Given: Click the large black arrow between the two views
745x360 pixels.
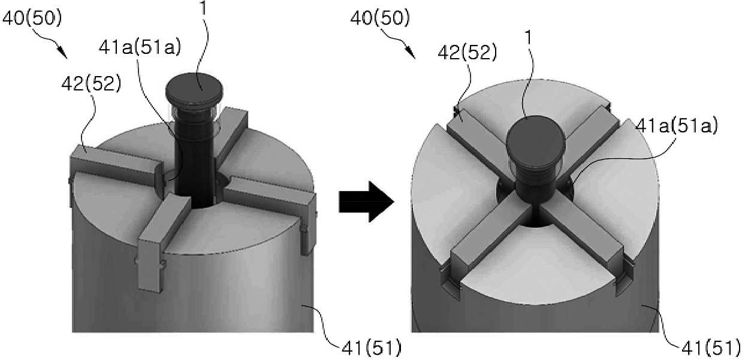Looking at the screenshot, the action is pyautogui.click(x=366, y=202).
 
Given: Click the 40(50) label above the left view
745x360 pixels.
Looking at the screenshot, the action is pyautogui.click(x=32, y=18).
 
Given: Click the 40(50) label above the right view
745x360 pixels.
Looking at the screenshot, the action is pyautogui.click(x=380, y=18).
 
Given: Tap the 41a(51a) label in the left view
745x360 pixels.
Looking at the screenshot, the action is pyautogui.click(x=140, y=47).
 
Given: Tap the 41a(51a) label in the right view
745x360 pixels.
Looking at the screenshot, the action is pyautogui.click(x=677, y=126).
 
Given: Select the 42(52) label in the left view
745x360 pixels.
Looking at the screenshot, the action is pyautogui.click(x=91, y=83).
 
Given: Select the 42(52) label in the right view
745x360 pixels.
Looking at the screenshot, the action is pyautogui.click(x=467, y=53).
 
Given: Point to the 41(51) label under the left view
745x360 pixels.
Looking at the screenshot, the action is pyautogui.click(x=372, y=348).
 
